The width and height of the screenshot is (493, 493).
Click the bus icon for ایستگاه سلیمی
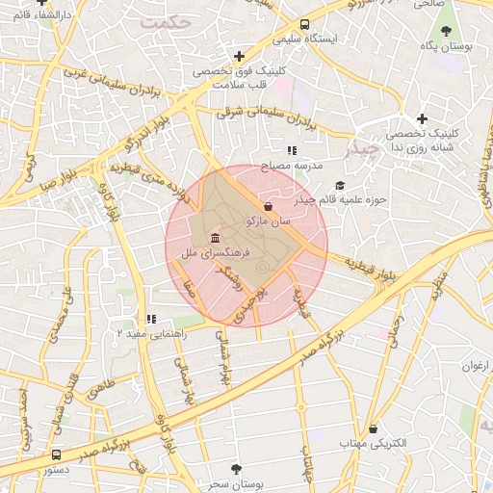coord(305,25)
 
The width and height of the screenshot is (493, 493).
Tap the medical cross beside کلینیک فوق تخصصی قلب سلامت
coord(239,57)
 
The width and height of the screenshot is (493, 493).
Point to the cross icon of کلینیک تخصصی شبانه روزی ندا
coord(422,118)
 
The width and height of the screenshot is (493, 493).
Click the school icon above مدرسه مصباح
coord(291,151)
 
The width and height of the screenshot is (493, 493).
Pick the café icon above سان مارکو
coord(267,206)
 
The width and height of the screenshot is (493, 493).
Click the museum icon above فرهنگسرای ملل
coord(212,238)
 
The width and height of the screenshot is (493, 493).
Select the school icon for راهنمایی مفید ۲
coord(149,318)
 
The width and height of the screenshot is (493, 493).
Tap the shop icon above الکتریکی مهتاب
coord(373,428)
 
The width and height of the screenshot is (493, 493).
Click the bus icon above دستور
coord(55,454)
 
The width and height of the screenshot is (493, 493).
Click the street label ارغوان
coord(476,365)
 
